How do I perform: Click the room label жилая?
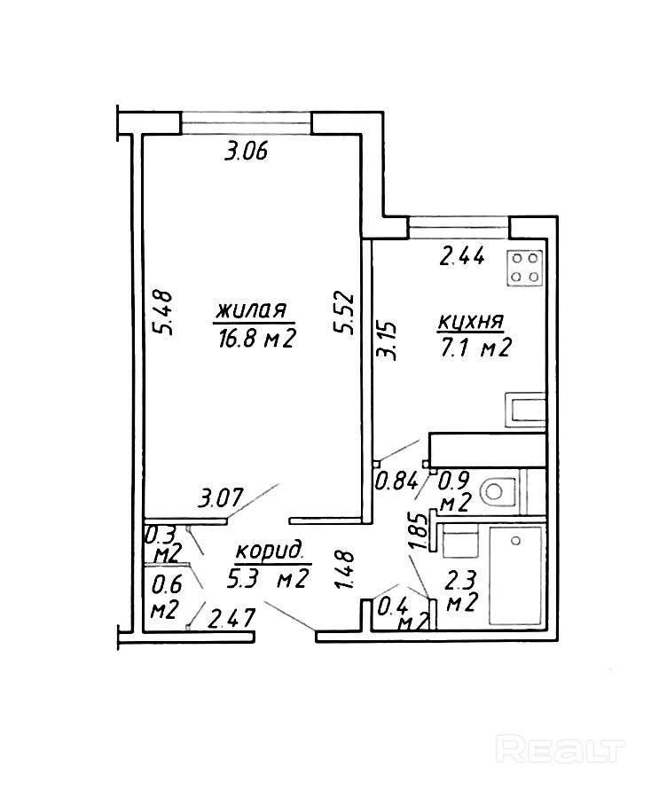coord(251,311)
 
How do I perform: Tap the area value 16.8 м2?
coord(255,339)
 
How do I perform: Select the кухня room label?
coord(471,321)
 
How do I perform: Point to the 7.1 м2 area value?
coord(475,349)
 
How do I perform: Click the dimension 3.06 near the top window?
coord(246,152)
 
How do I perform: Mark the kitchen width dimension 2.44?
coord(463,258)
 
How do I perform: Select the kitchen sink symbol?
coord(526,410)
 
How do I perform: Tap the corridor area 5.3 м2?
coord(267,580)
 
